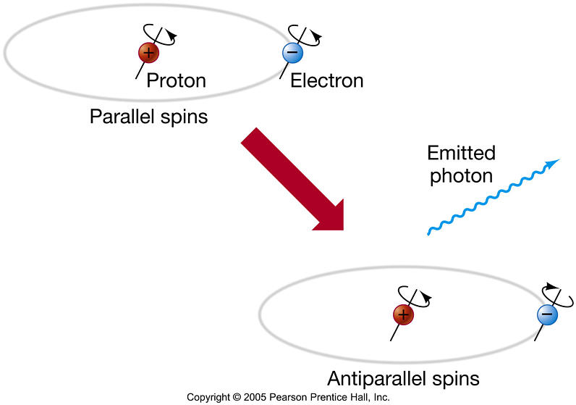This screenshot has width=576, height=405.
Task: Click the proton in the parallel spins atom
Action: tap(148, 53)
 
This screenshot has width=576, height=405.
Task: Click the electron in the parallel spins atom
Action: tap(292, 53)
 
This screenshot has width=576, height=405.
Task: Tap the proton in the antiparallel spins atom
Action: tap(403, 315)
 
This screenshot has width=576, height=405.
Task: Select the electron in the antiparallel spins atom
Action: tap(547, 314)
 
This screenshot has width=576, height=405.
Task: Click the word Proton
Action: tap(177, 80)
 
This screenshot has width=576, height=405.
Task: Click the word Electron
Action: tap(327, 80)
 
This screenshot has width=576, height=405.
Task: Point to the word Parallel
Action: tap(122, 117)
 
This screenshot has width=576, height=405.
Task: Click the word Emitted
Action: tap(462, 153)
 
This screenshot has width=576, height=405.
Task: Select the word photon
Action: tap(462, 176)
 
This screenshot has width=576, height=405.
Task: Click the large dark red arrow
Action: tap(292, 179)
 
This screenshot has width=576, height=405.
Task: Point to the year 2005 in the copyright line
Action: tap(255, 397)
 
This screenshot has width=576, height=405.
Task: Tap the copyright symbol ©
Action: tap(237, 397)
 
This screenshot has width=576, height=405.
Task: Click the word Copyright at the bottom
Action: tap(208, 398)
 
